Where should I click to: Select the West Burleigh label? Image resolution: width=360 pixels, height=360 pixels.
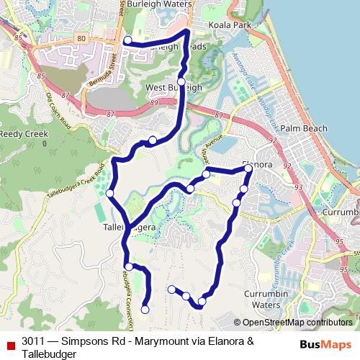pyautogui.click(x=174, y=88)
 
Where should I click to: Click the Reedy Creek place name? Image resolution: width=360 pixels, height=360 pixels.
pyautogui.click(x=23, y=135)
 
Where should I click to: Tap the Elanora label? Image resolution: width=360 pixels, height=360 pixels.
pyautogui.click(x=257, y=165)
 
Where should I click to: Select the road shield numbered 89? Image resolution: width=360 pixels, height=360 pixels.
pyautogui.click(x=155, y=104)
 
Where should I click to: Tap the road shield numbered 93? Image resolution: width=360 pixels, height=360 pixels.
pyautogui.click(x=298, y=187)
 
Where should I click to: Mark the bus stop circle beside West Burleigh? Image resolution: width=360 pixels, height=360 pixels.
pyautogui.click(x=181, y=81)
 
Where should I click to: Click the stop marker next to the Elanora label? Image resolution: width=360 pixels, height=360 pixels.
pyautogui.click(x=248, y=168)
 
